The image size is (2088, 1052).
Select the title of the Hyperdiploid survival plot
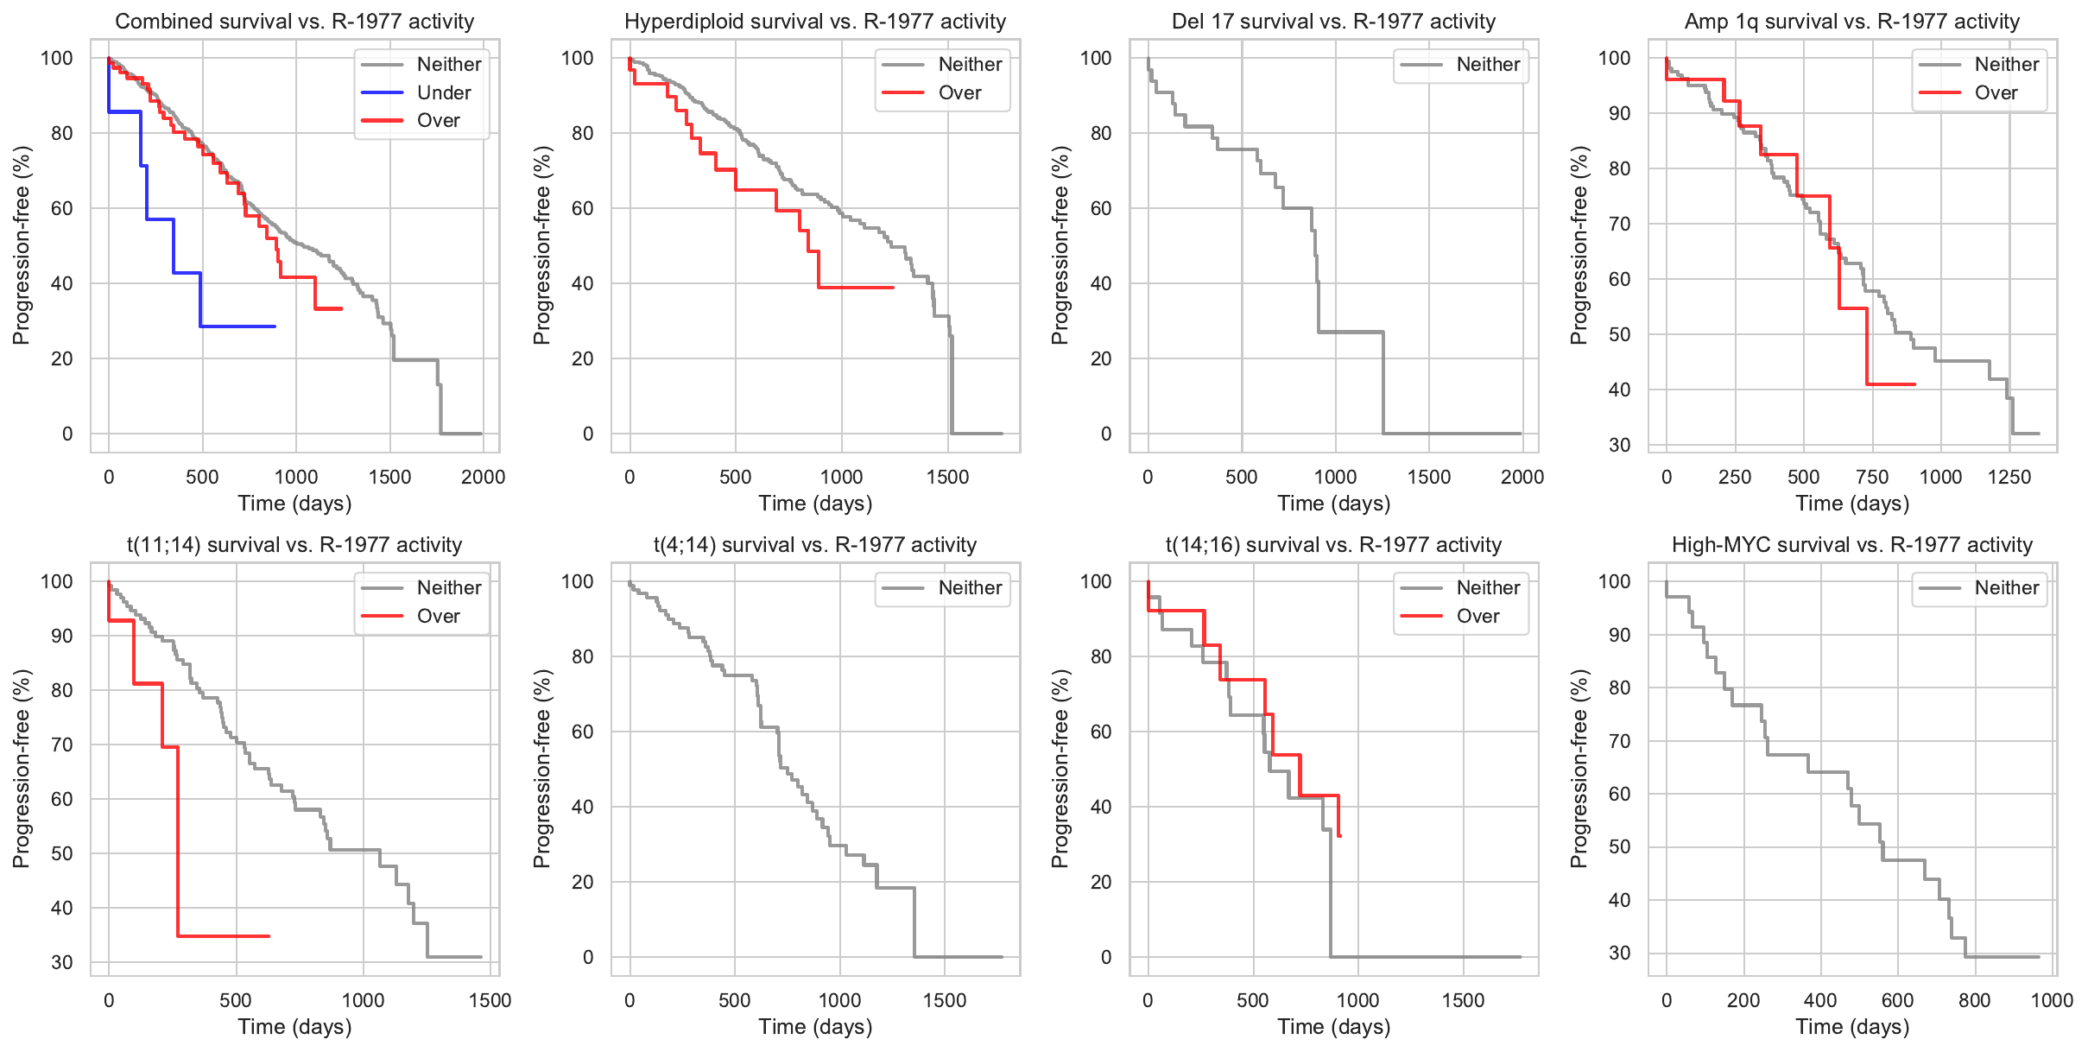[x=815, y=22]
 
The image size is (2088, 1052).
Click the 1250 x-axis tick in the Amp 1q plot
[x=2009, y=477]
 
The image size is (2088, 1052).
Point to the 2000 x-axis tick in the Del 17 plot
[x=1522, y=477]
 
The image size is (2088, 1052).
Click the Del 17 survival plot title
[x=1333, y=22]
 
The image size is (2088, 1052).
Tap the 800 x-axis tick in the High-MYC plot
[x=1974, y=1000]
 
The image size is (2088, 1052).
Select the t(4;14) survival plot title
[x=815, y=545]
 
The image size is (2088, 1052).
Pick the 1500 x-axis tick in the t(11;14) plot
[x=490, y=1000]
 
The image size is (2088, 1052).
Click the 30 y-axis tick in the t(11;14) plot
[x=62, y=962]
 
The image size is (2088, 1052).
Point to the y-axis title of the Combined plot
[x=22, y=245]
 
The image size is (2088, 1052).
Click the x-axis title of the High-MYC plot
[x=1852, y=1027]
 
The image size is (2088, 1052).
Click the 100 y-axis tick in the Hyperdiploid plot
[x=578, y=58]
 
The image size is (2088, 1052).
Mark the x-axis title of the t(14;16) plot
[x=1333, y=1027]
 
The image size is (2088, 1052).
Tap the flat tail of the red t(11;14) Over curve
[x=225, y=936]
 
